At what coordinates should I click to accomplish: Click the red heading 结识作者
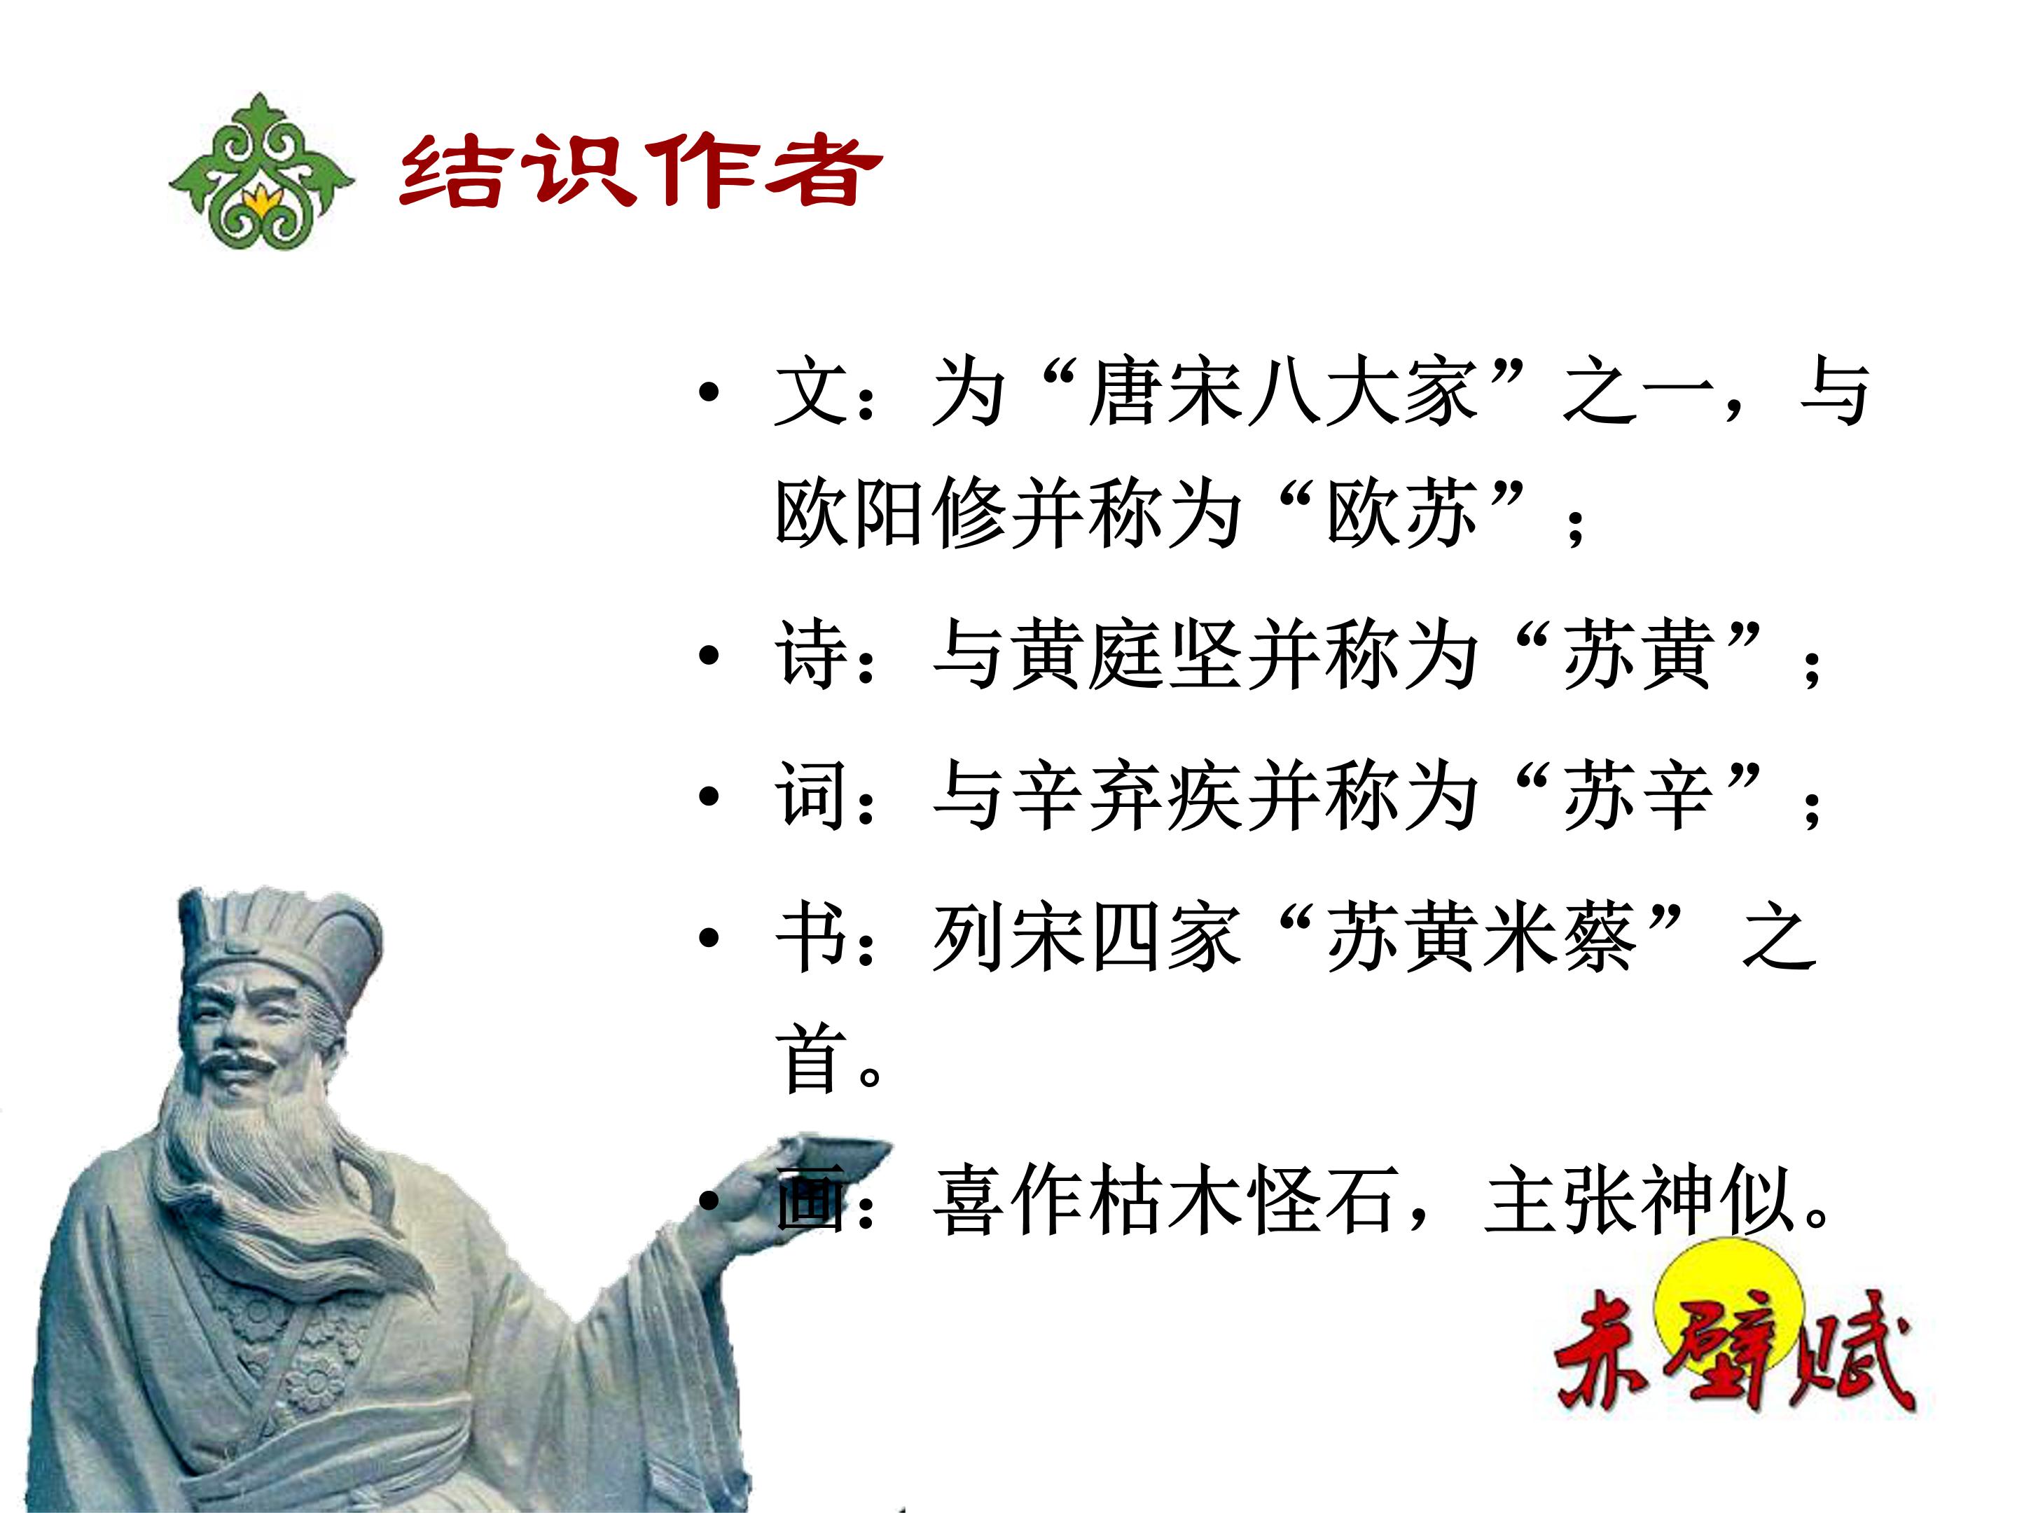click(x=641, y=172)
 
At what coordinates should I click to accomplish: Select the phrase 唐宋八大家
click(x=1283, y=393)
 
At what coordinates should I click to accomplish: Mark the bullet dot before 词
click(x=709, y=797)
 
